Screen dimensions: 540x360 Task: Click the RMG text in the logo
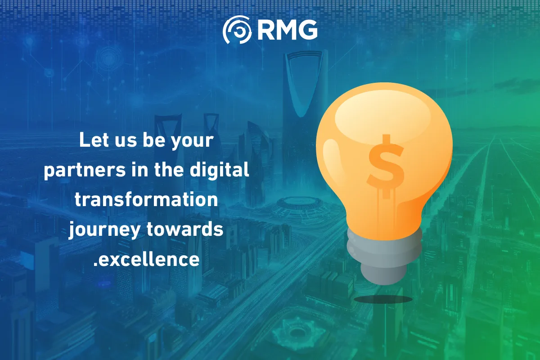[x=288, y=30]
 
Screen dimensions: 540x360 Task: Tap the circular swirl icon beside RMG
[x=237, y=30]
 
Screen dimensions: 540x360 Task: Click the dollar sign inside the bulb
[x=386, y=166]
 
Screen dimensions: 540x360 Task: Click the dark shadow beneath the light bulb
[x=383, y=299]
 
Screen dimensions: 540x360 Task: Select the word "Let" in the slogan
[x=94, y=140]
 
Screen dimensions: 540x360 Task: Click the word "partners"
[x=85, y=170]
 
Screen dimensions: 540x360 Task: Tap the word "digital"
[x=219, y=170]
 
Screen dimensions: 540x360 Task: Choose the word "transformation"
[x=146, y=200]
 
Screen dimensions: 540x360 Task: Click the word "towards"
[x=185, y=229]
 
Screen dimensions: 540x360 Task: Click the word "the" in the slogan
[x=169, y=170]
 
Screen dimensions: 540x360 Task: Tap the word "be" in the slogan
[x=154, y=140]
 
